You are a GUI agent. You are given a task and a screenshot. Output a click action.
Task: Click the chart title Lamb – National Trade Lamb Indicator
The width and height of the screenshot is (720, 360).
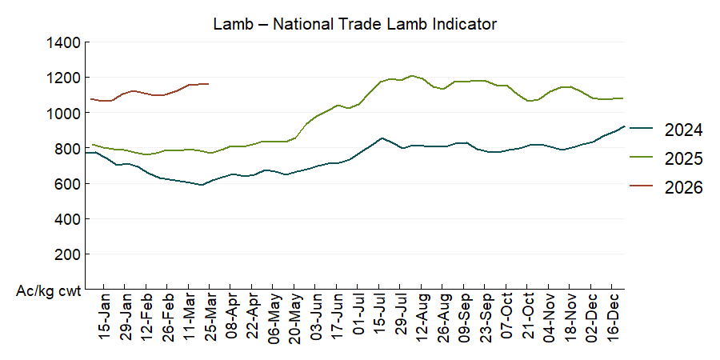355,24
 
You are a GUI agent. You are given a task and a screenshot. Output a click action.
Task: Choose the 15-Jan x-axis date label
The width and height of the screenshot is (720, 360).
104,320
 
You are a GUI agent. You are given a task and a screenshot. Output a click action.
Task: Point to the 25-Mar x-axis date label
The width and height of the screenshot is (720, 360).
210,320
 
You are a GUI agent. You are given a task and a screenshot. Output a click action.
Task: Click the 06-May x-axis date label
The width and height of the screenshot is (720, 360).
274,320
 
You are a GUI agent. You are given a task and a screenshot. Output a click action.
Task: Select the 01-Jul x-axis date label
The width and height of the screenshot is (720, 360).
358,320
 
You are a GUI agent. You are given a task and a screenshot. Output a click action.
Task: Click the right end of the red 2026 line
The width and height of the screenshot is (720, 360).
209,83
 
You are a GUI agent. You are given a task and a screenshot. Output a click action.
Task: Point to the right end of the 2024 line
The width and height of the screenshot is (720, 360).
624,126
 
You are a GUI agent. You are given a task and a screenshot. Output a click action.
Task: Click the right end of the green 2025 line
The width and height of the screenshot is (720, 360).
623,98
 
